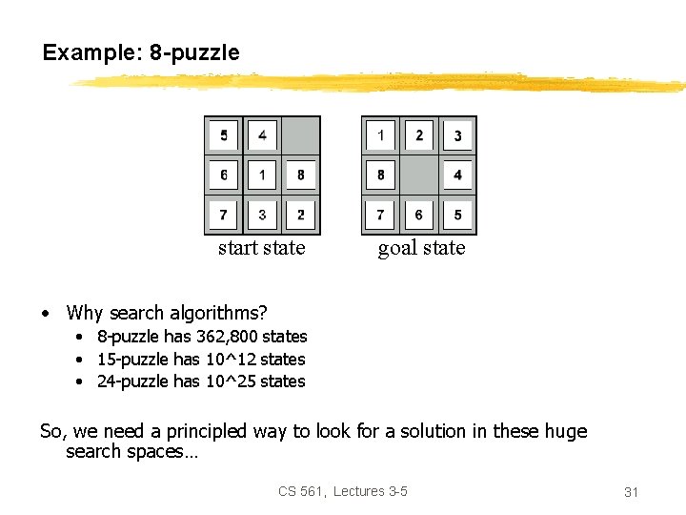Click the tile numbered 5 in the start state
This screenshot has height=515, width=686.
click(224, 135)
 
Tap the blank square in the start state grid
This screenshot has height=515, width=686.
click(301, 135)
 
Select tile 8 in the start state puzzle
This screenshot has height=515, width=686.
click(301, 175)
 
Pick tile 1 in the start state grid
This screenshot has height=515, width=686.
click(262, 175)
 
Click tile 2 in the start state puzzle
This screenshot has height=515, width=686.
click(301, 215)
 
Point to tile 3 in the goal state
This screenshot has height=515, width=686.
click(457, 135)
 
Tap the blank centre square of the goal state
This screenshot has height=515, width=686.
click(419, 175)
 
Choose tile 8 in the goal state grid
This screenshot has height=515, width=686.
click(380, 175)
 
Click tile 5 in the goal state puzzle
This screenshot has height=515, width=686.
click(457, 215)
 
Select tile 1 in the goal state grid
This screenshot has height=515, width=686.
click(380, 135)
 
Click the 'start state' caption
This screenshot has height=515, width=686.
click(262, 248)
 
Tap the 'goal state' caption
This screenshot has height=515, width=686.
click(421, 248)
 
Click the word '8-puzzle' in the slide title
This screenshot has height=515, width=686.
click(194, 52)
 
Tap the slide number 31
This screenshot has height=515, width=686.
click(631, 492)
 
